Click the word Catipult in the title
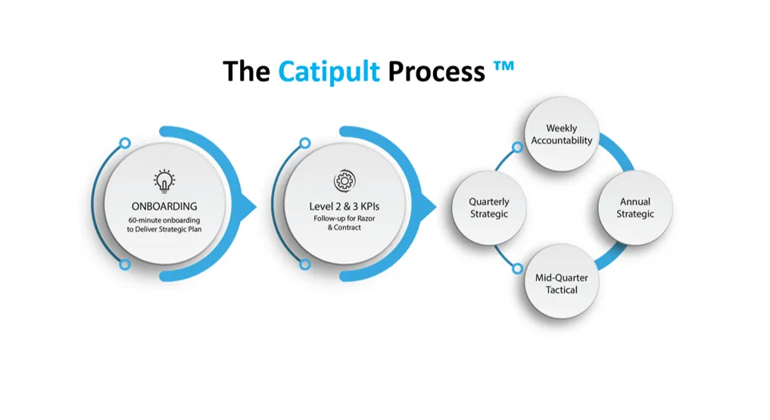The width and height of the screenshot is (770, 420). (329, 72)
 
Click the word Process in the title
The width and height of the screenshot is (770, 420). (436, 72)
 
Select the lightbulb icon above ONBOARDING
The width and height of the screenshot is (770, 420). (164, 181)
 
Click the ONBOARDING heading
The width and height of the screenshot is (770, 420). (164, 206)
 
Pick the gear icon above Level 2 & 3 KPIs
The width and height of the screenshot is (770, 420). (344, 182)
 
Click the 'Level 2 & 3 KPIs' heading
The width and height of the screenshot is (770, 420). (344, 206)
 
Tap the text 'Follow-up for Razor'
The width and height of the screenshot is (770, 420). (344, 218)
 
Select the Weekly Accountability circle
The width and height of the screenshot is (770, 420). (562, 134)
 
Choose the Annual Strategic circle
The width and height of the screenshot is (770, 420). (634, 208)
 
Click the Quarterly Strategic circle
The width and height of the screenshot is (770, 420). (489, 208)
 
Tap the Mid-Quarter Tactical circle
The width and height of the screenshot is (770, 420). (562, 283)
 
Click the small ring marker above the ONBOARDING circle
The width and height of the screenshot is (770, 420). (124, 143)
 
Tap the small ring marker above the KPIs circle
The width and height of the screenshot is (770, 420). (304, 143)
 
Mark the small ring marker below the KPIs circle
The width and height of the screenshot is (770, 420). (305, 265)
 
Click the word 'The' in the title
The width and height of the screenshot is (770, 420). (246, 72)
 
